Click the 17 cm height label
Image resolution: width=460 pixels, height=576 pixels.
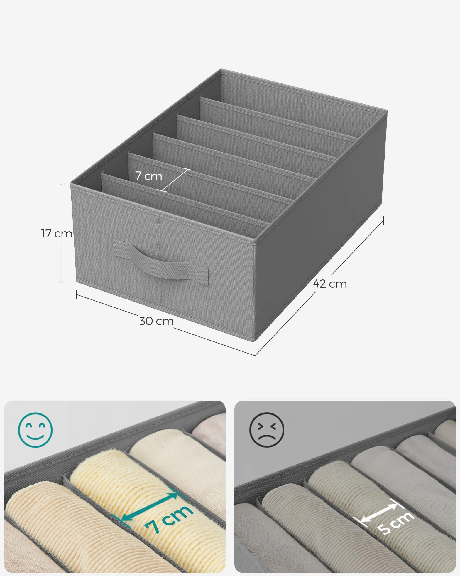pos(57,234)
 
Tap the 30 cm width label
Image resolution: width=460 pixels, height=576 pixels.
pos(156,321)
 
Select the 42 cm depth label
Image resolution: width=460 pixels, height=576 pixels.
pos(330,284)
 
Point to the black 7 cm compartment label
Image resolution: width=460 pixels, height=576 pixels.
pos(149,176)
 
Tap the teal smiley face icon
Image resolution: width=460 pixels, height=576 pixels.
pos(35,430)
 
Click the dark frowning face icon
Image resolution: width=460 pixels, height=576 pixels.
pos(267,430)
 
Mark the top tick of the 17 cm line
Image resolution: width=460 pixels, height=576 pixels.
pos(61,184)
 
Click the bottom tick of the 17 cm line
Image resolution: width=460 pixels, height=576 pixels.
pos(61,283)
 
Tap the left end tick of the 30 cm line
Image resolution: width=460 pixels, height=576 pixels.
pos(76,294)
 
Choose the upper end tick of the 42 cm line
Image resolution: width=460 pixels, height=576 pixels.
pos(383,220)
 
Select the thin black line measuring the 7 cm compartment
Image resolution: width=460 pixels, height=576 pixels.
pos(175,180)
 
